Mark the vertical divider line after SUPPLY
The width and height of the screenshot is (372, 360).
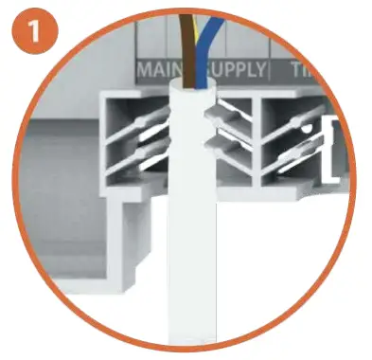(274, 71)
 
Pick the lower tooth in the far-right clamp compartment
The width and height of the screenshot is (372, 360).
(289, 156)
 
